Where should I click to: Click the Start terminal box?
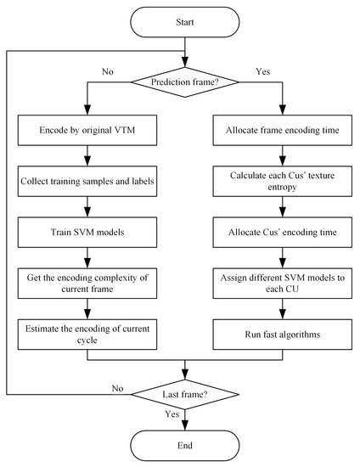point(184,20)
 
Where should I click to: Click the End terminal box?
point(184,446)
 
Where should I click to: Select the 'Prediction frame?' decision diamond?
point(184,82)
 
